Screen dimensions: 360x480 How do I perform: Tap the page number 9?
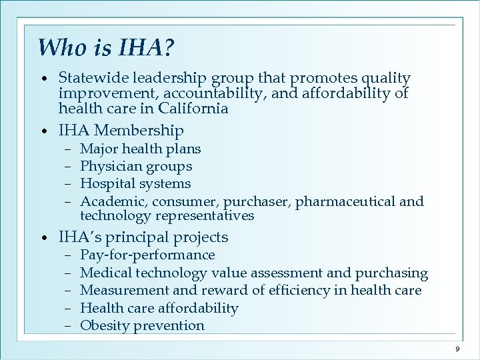457,349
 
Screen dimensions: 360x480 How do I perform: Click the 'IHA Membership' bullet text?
121,130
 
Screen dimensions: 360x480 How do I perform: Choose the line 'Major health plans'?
140,149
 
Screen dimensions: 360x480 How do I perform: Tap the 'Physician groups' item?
136,166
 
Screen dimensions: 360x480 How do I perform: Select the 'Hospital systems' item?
135,183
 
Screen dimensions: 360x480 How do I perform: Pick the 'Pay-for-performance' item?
147,255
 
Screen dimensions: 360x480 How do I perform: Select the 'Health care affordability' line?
159,308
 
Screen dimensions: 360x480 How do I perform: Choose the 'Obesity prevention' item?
142,325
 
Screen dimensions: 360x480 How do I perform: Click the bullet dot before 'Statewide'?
43,79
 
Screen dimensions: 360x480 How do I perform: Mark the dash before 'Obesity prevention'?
69,325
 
